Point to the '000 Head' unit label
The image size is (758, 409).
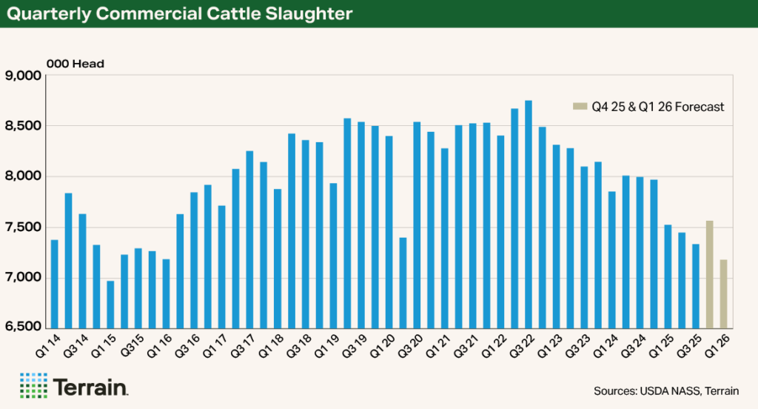[75, 64]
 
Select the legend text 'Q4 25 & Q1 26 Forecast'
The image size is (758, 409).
[657, 107]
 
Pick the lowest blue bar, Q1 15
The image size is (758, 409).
[110, 304]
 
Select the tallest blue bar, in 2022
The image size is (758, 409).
[528, 214]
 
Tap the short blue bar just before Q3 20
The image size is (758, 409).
[403, 282]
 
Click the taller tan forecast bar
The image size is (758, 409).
[709, 274]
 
